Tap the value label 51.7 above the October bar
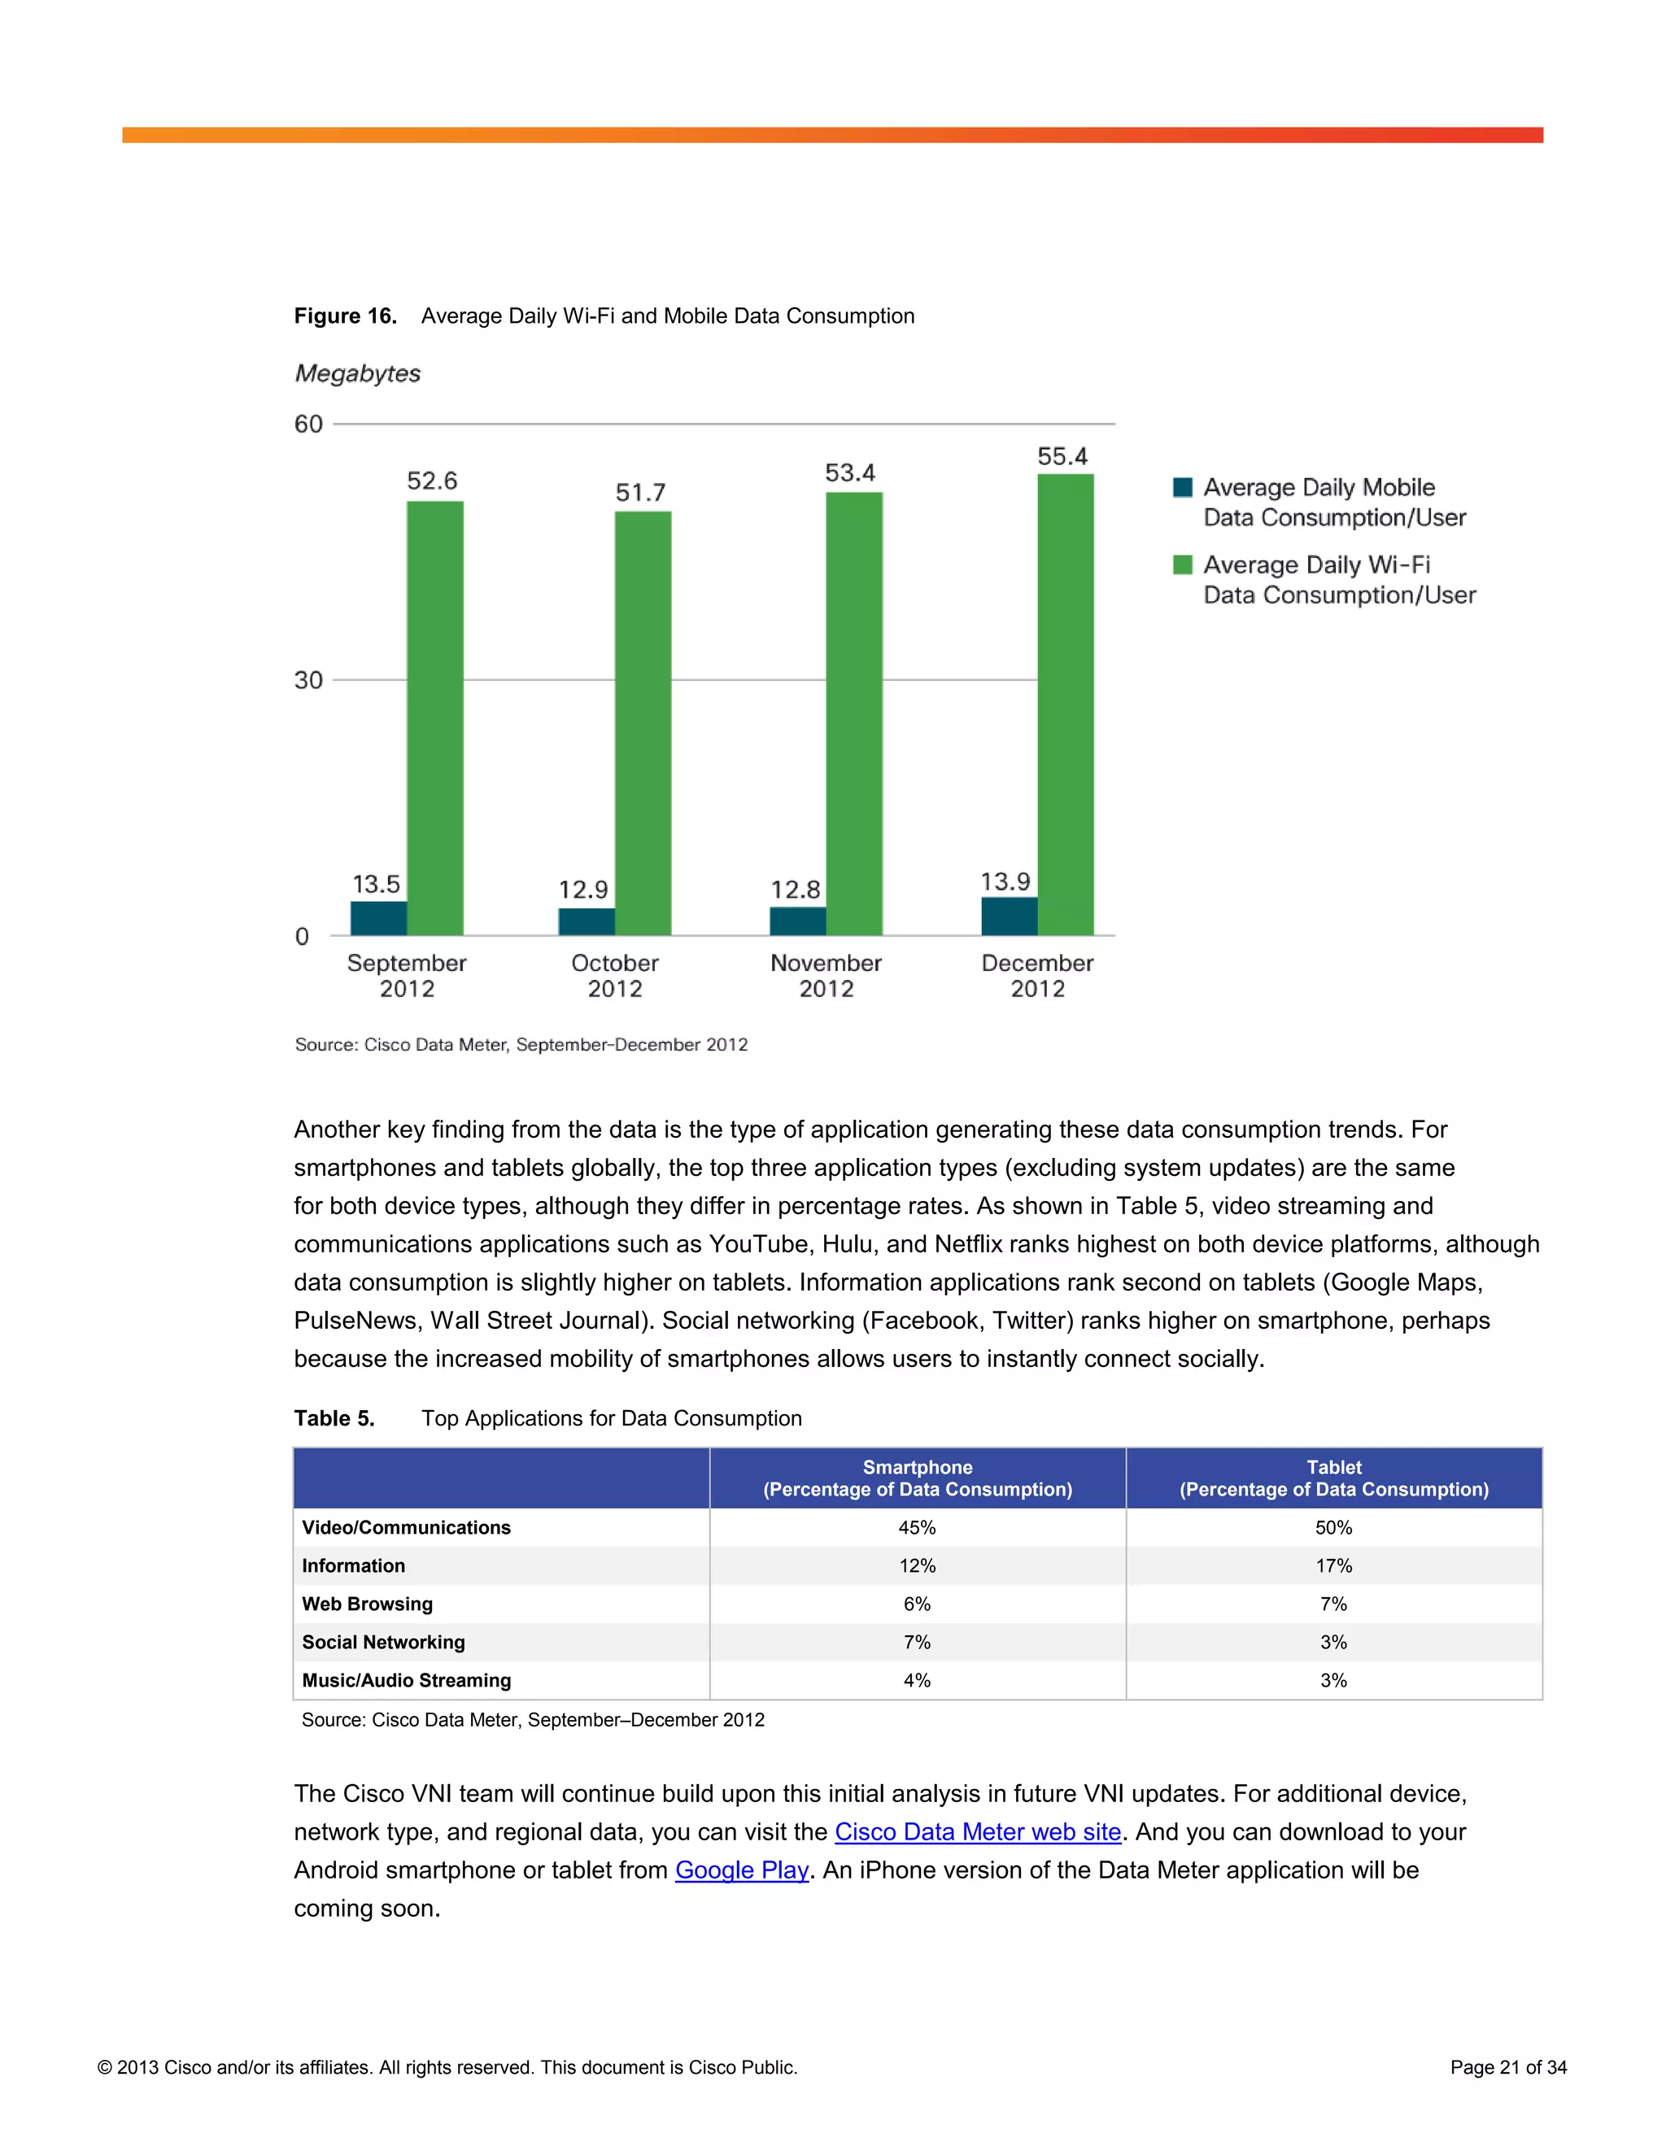tap(640, 492)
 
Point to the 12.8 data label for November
tap(796, 890)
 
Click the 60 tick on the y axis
tap(309, 424)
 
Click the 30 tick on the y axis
tap(309, 680)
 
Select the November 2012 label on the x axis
tap(826, 976)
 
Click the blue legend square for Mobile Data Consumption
tap(1182, 487)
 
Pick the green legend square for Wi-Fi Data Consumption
tap(1182, 564)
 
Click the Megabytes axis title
tap(357, 374)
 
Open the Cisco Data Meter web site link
tap(977, 1832)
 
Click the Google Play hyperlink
tap(741, 1871)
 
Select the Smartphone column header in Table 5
tap(917, 1478)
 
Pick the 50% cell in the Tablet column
tap(1333, 1527)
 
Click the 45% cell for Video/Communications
tap(917, 1527)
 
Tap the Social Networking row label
tap(383, 1642)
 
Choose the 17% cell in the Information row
tap(1333, 1566)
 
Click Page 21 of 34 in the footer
tap(1508, 2067)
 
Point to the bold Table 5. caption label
tap(334, 1418)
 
